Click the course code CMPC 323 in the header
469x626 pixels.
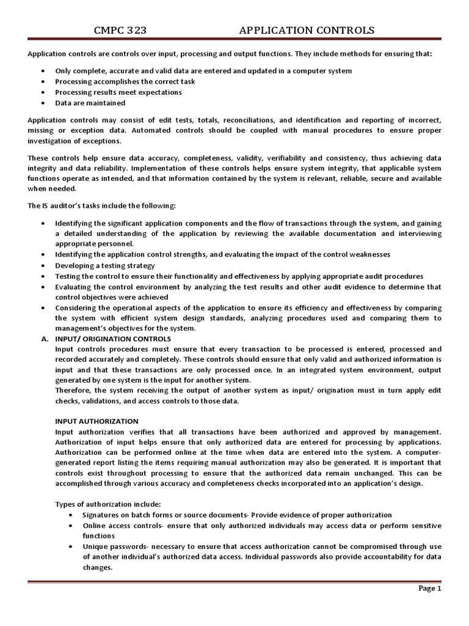click(120, 31)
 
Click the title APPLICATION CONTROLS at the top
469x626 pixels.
click(307, 31)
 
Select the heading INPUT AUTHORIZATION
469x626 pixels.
click(97, 421)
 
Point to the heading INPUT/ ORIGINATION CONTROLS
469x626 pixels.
click(113, 339)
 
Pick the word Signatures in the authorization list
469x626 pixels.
click(104, 515)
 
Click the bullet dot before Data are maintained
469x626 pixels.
click(42, 103)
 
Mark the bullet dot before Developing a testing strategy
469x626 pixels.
click(42, 265)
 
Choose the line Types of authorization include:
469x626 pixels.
click(108, 504)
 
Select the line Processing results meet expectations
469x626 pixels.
click(118, 92)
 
